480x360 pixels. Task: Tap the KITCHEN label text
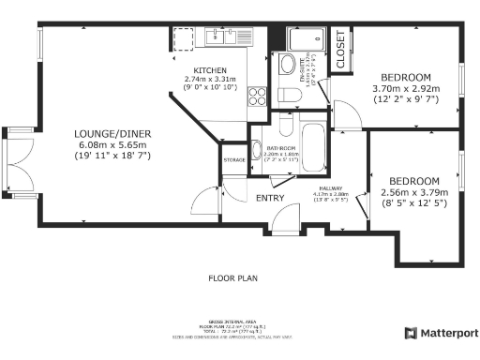coord(210,70)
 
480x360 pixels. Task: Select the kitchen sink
coord(222,37)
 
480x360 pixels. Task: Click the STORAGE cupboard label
coord(234,159)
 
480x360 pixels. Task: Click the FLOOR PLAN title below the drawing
coord(232,278)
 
